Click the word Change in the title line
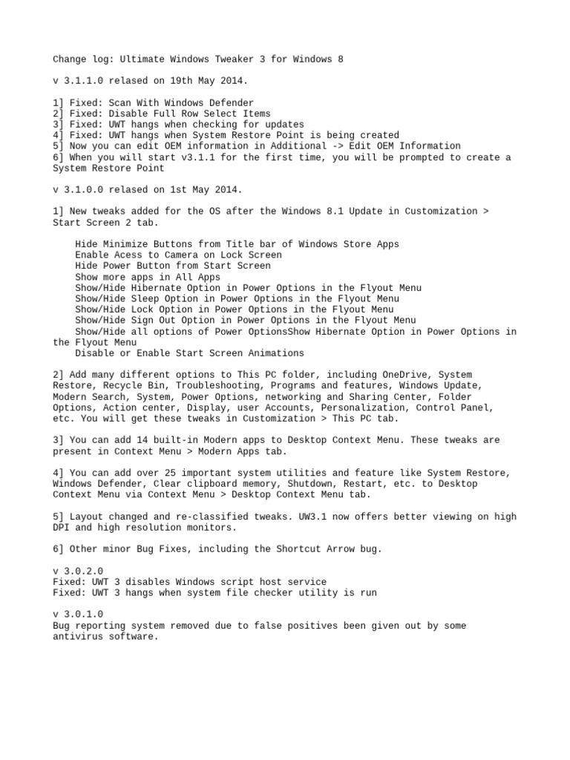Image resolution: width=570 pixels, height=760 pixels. coord(70,59)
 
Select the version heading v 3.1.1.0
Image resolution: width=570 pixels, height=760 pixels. coord(78,81)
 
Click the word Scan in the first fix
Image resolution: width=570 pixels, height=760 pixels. coord(120,103)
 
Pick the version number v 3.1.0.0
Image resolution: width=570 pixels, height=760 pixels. coord(78,190)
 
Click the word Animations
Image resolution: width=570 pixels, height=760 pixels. coord(276,353)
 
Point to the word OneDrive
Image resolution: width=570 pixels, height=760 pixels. coord(404,376)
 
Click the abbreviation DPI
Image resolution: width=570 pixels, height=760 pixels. coord(62,528)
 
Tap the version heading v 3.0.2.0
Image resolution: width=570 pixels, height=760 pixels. coord(78,571)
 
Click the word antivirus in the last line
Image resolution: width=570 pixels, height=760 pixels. coord(78,637)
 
